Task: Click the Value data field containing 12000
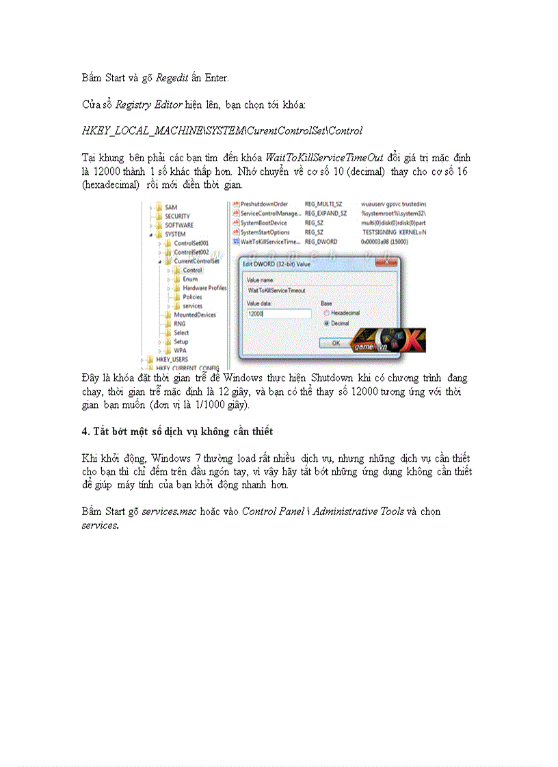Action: point(278,313)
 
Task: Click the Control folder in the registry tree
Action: point(191,270)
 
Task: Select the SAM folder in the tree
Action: point(171,207)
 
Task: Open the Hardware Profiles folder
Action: point(204,288)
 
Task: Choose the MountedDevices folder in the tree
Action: point(194,315)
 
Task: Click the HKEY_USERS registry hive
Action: point(171,359)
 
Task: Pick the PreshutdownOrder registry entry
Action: point(264,204)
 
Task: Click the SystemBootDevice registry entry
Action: point(264,223)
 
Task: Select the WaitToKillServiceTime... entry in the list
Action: point(269,242)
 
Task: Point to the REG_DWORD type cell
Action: point(321,242)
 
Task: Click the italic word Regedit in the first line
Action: point(168,79)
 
